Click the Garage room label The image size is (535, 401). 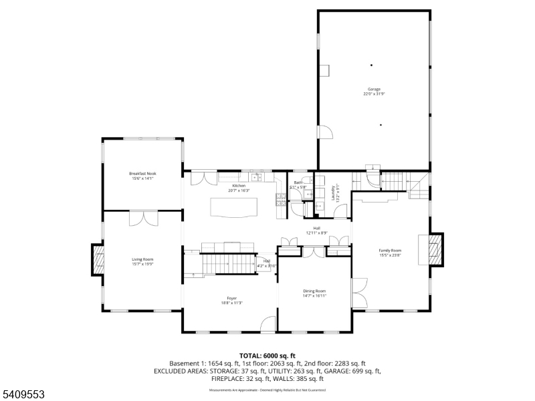click(373, 90)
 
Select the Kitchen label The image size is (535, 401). click(239, 186)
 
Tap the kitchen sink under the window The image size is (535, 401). click(255, 177)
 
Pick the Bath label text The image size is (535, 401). click(298, 182)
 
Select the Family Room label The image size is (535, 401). click(390, 250)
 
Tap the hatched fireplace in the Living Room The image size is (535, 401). click(98, 259)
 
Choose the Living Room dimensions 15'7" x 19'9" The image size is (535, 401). click(142, 263)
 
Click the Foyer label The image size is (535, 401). click(231, 298)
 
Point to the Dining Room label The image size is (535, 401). click(314, 291)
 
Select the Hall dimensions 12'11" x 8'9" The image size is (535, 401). click(316, 233)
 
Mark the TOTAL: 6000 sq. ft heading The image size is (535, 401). click(267, 356)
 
